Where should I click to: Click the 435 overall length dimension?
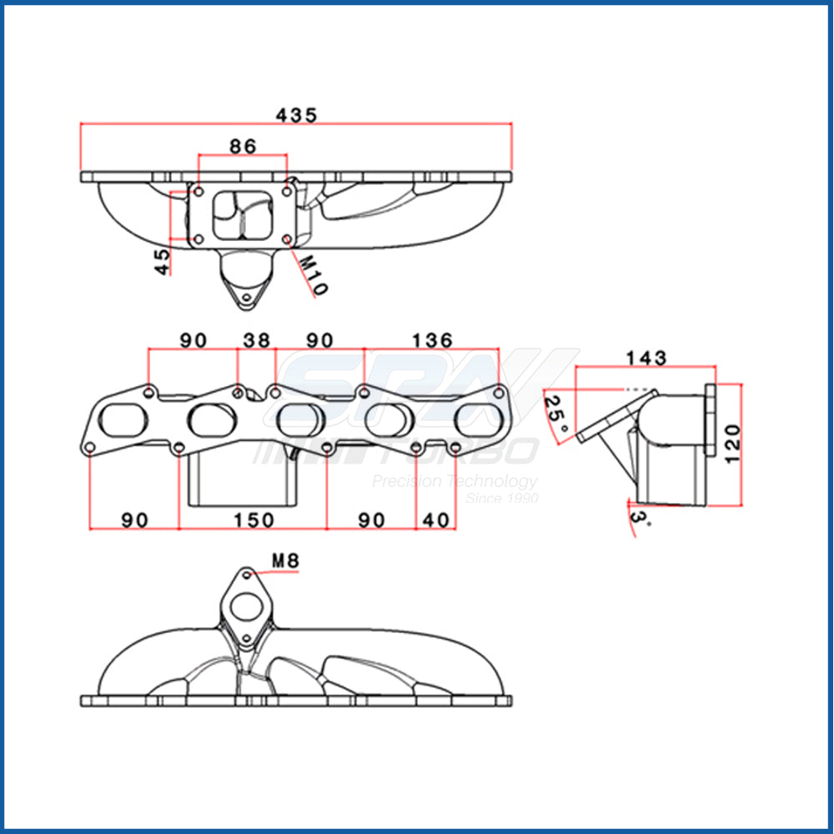coord(298,116)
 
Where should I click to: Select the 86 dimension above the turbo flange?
coord(243,146)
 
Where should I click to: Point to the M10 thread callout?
coord(314,274)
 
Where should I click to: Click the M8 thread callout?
coord(284,561)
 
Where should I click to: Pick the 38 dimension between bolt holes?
coord(257,340)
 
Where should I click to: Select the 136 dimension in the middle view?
coord(432,340)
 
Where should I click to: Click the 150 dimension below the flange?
coord(253,520)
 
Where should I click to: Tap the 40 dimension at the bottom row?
coord(435,520)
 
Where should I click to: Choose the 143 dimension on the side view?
coord(646,358)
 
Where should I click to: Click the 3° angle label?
coord(638,521)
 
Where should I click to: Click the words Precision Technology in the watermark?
coord(455,481)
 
